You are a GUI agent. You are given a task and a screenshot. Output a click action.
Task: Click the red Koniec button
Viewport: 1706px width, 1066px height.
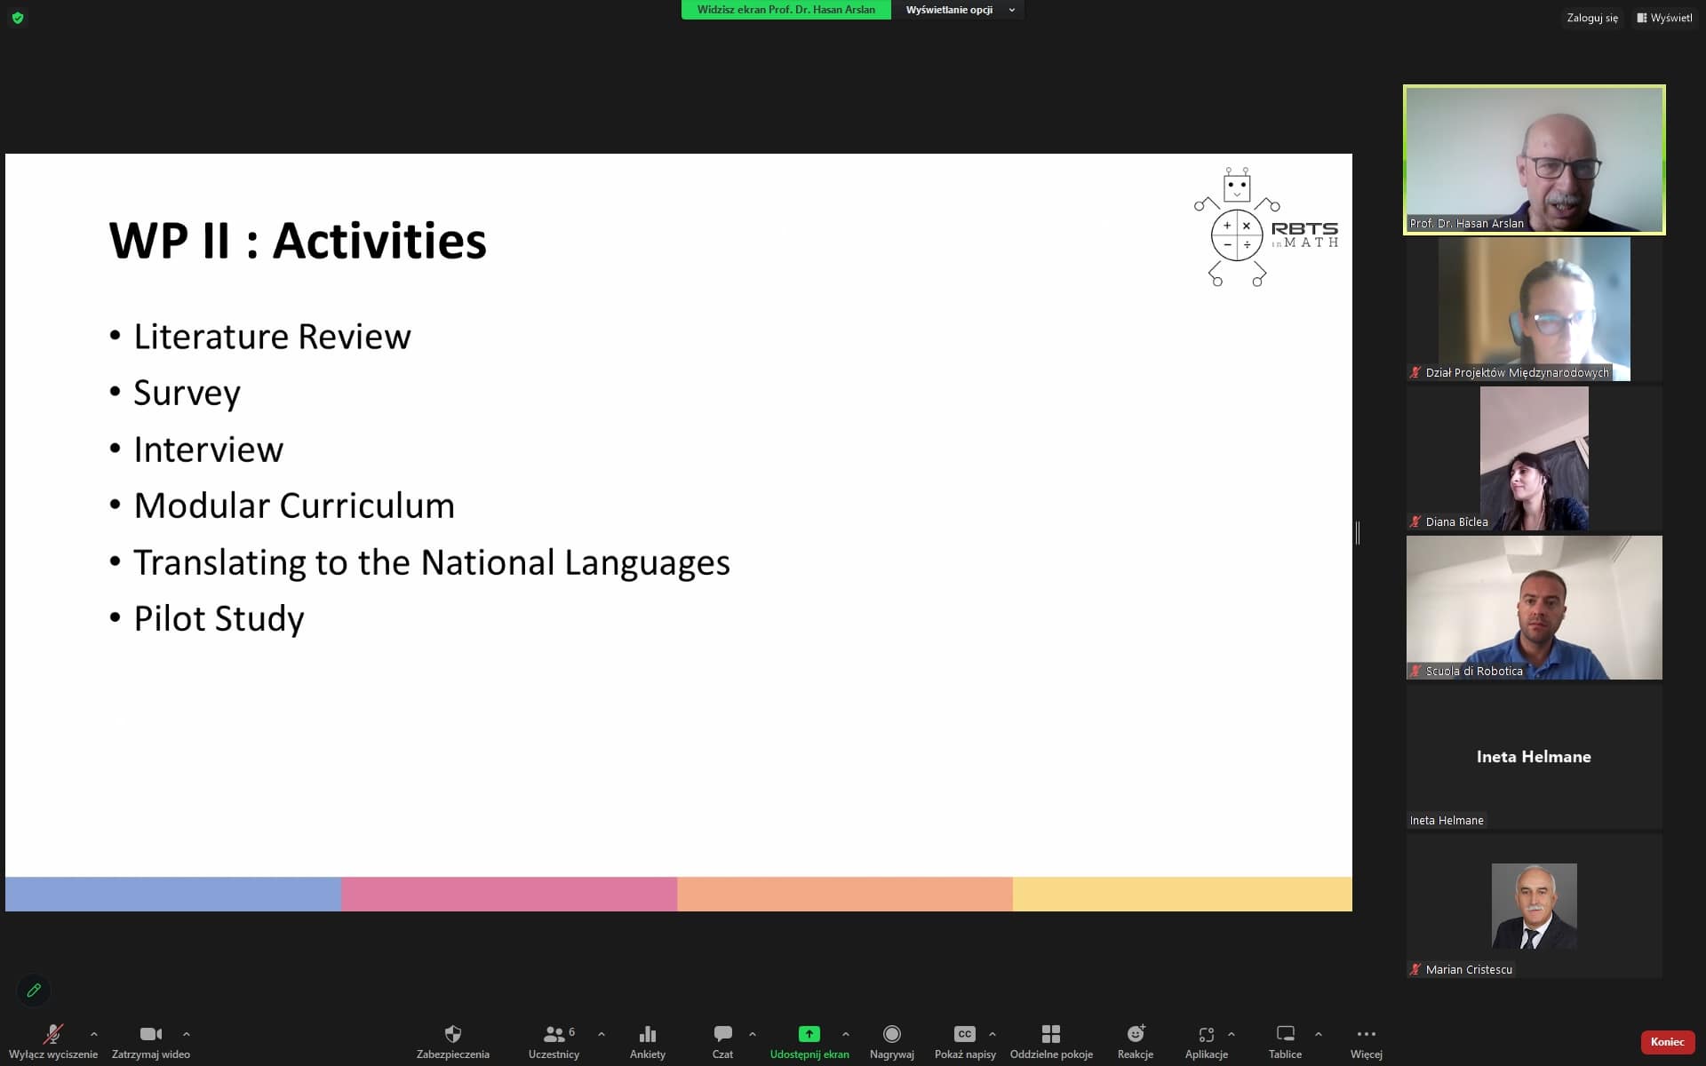pyautogui.click(x=1667, y=1042)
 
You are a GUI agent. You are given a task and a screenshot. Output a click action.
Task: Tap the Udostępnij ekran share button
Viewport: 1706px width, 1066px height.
pyautogui.click(x=809, y=1034)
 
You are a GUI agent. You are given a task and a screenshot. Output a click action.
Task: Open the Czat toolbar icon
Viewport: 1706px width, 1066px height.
pyautogui.click(x=722, y=1034)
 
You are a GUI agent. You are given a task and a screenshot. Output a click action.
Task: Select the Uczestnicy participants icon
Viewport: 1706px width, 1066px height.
pyautogui.click(x=554, y=1034)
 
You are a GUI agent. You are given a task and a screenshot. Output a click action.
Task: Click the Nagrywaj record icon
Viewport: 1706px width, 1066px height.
pyautogui.click(x=891, y=1034)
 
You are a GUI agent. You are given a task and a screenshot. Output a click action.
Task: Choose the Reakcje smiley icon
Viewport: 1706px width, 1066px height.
pyautogui.click(x=1136, y=1034)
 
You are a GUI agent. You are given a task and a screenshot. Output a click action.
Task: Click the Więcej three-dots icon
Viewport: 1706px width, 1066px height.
pyautogui.click(x=1367, y=1034)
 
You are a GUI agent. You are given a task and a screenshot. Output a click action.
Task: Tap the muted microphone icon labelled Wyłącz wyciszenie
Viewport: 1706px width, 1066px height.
pyautogui.click(x=53, y=1034)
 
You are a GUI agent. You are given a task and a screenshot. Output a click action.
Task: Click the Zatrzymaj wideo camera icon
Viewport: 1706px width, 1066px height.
pyautogui.click(x=151, y=1034)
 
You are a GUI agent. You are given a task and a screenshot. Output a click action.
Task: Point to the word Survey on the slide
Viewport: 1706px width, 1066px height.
pyautogui.click(x=187, y=393)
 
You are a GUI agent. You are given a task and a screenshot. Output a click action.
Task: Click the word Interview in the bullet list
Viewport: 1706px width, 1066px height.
pyautogui.click(x=208, y=449)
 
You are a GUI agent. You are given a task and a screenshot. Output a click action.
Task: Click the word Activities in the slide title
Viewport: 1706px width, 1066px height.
pyautogui.click(x=379, y=241)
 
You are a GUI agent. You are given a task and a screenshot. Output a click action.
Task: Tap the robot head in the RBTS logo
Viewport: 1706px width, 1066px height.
pyautogui.click(x=1237, y=185)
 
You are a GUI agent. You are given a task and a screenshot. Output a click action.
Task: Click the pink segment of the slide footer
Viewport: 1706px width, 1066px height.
pyautogui.click(x=509, y=894)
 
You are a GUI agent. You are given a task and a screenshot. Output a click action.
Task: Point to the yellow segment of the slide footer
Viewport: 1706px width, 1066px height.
pyautogui.click(x=1183, y=894)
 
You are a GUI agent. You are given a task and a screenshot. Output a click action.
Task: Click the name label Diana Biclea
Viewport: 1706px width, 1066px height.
pyautogui.click(x=1456, y=521)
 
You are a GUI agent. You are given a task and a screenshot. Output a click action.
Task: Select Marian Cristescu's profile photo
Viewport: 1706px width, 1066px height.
pyautogui.click(x=1535, y=905)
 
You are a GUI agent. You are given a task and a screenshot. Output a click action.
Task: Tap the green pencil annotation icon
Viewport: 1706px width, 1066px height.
pyautogui.click(x=34, y=990)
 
